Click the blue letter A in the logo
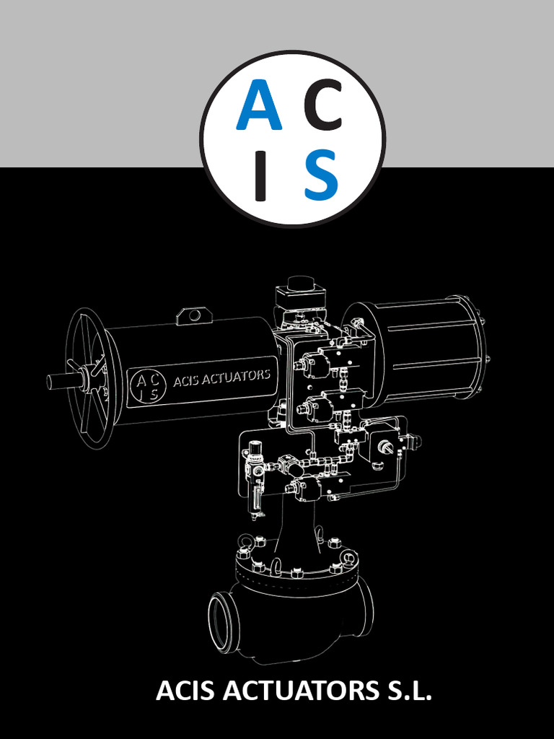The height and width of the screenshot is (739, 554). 258,105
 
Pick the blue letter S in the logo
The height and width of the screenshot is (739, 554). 321,175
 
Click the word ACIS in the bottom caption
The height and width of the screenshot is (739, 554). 186,691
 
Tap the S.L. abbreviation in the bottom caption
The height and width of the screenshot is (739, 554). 407,691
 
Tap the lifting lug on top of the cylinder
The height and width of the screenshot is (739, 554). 193,315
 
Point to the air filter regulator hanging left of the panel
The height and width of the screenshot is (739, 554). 254,476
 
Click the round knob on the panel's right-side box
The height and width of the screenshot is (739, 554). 387,447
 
